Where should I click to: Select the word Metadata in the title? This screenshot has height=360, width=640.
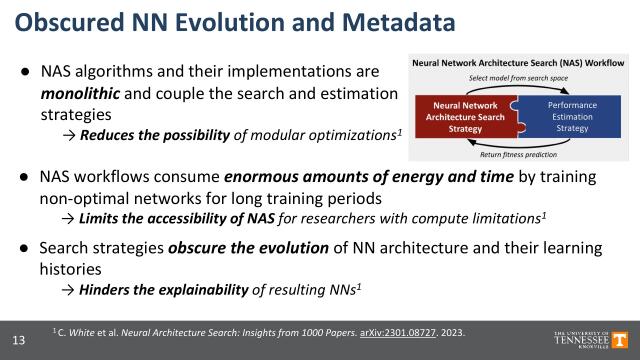387,22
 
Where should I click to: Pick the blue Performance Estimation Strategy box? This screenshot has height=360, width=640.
571,116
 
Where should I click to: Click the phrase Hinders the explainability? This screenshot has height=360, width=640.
156,290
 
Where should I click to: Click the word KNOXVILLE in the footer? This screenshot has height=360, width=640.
582,346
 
